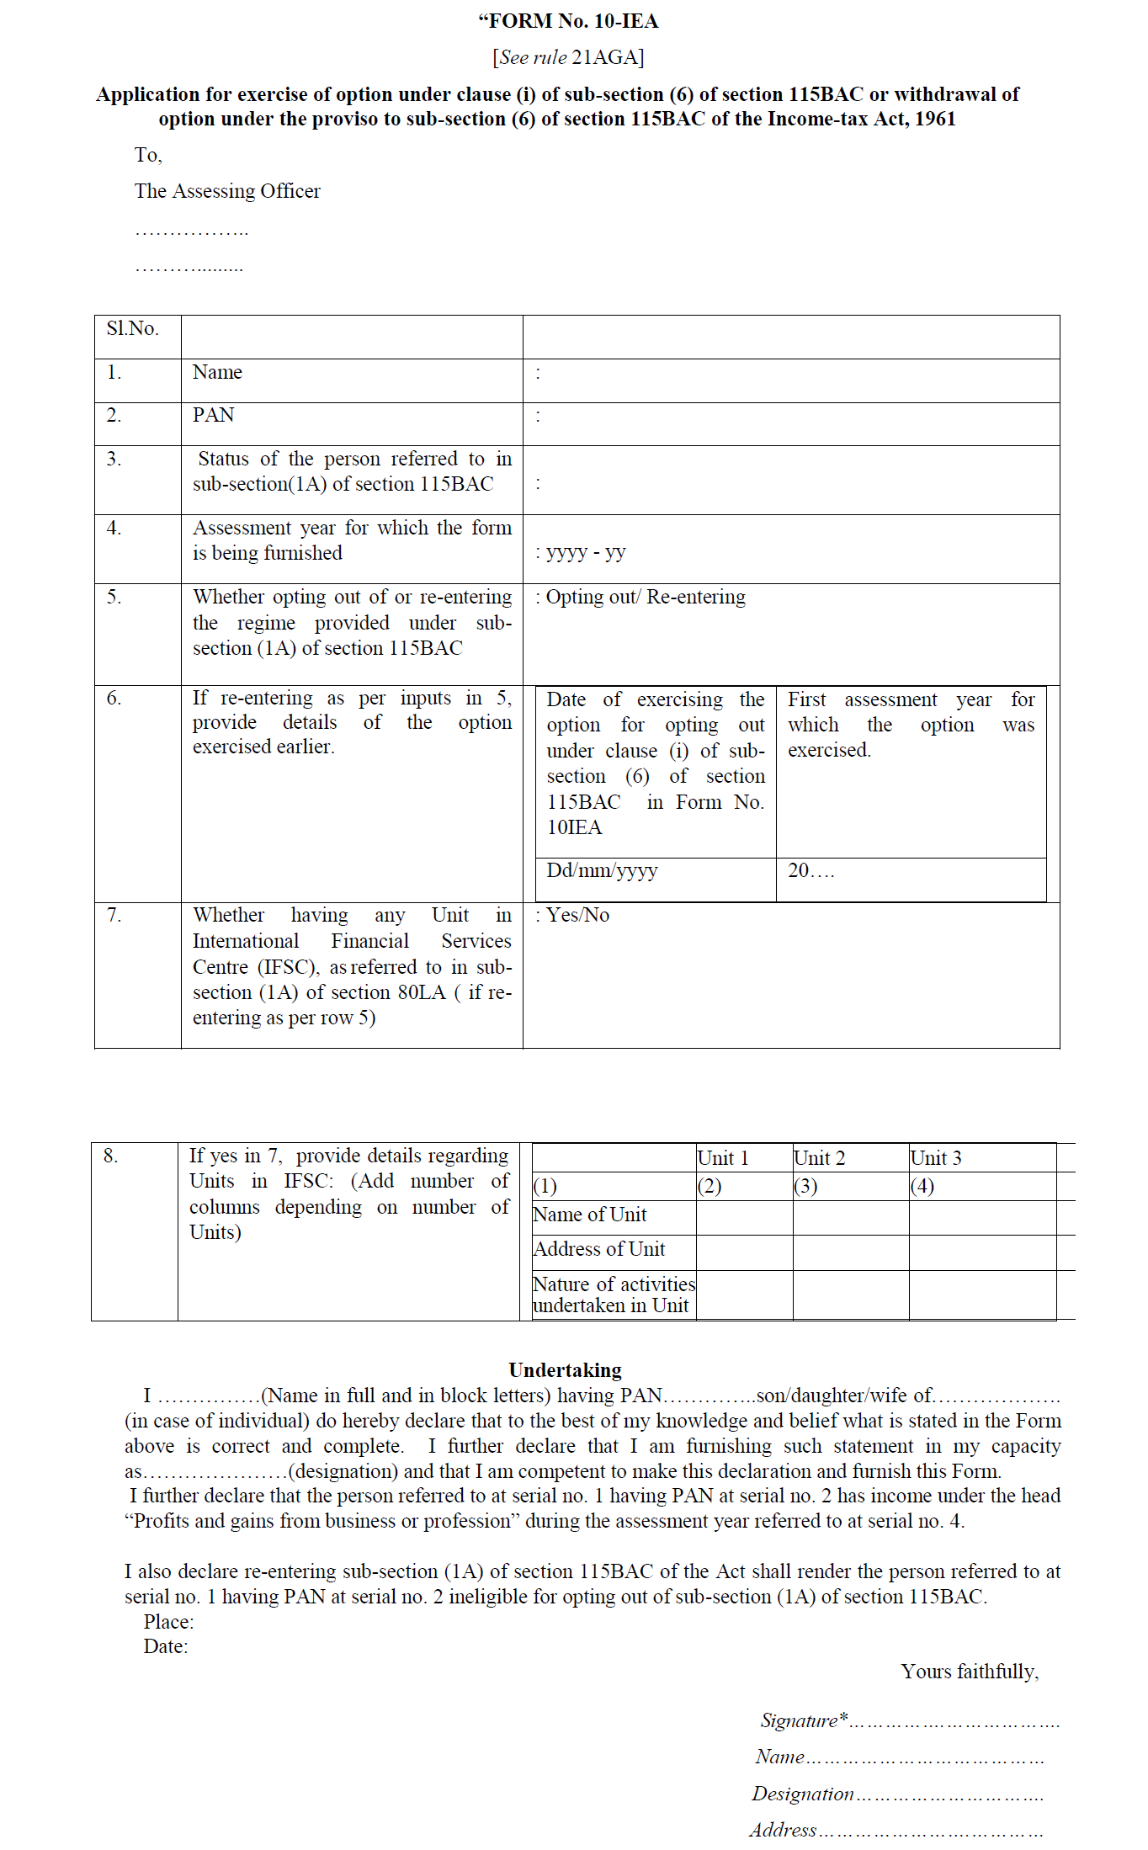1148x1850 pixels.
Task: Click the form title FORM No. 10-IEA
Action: coord(569,21)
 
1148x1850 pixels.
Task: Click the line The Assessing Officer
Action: coord(227,191)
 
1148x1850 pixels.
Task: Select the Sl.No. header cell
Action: coord(133,329)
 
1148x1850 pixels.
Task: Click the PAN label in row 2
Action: coord(214,415)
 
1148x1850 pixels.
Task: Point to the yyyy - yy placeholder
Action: coord(585,552)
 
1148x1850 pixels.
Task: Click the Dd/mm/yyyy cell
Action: coord(603,870)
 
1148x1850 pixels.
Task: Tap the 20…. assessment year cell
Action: coord(811,870)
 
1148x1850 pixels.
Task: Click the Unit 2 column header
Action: coord(820,1158)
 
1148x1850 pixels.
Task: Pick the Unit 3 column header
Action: coord(936,1158)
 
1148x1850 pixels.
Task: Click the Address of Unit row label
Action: coord(599,1249)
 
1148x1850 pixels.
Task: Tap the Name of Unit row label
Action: coord(590,1215)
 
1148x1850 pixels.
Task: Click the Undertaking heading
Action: coord(565,1370)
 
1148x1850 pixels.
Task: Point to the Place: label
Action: coord(168,1622)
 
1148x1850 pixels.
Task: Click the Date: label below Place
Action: coord(166,1646)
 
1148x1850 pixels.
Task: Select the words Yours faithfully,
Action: coord(970,1672)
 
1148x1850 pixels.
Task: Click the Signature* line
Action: coord(909,1720)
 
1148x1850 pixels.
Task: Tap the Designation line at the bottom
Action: coord(897,1794)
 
